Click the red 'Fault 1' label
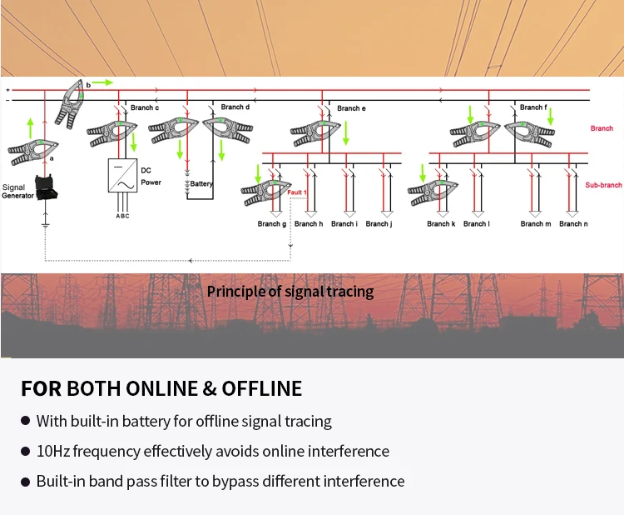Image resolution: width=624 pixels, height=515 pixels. point(298,192)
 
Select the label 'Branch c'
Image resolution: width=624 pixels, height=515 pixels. point(145,107)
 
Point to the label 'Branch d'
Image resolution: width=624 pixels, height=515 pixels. point(235,107)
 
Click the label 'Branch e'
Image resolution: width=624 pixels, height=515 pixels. point(351,108)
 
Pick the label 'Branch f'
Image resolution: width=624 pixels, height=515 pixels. point(533,107)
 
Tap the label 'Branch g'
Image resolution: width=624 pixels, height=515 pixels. point(271,223)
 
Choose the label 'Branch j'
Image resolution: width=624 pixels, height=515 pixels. point(378,223)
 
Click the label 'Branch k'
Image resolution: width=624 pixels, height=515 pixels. point(441,223)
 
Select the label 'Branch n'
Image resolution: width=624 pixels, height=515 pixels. point(571,223)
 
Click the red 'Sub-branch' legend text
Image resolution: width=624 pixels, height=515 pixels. point(603,185)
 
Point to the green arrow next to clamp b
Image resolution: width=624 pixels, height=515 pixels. point(102,83)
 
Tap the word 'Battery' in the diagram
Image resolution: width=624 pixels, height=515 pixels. point(202,183)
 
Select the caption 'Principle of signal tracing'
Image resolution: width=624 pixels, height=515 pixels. point(290,292)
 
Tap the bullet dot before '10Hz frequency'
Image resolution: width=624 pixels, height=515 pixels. point(26,452)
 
